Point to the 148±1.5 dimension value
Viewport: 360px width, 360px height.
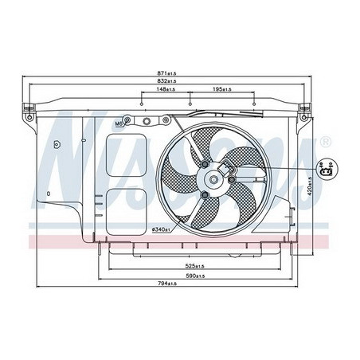click(x=166, y=89)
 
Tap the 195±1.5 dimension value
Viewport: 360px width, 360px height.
click(x=222, y=89)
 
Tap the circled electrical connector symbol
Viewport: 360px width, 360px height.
click(x=324, y=168)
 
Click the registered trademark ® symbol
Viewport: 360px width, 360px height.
click(x=324, y=142)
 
